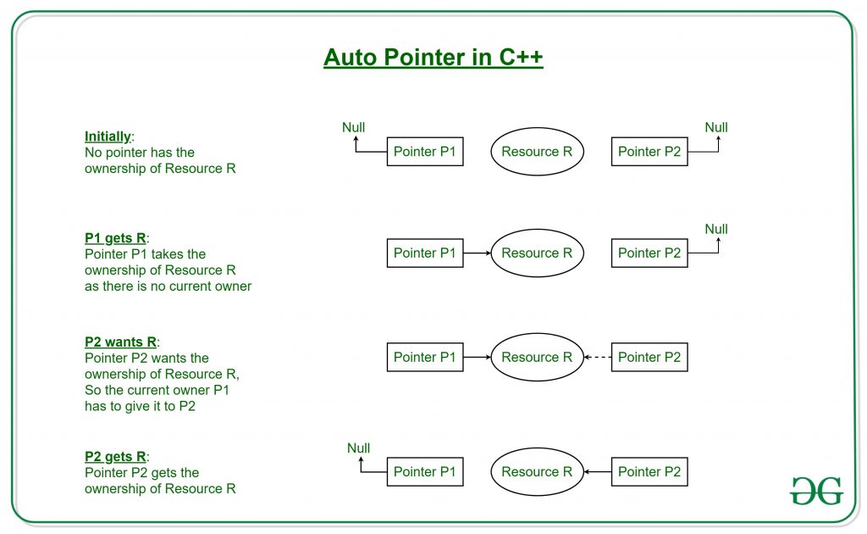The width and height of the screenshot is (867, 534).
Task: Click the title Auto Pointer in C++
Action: coord(433,58)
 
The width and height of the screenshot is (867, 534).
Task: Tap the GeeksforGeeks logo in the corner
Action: coord(816,491)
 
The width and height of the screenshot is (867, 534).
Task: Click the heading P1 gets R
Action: coord(114,238)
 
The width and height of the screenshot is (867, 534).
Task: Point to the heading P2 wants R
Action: coord(120,342)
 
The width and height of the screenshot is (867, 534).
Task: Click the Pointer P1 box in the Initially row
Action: coord(425,152)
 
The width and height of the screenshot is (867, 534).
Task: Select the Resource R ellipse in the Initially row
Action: coord(537,152)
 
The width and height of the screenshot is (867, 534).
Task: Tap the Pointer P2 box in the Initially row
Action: coord(649,152)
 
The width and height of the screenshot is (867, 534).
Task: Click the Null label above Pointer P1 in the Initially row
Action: coord(353,128)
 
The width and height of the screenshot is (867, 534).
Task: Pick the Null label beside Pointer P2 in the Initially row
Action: coord(716,128)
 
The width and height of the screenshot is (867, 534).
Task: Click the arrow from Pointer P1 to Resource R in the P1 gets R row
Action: coord(477,253)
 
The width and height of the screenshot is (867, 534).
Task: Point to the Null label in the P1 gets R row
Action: coord(716,229)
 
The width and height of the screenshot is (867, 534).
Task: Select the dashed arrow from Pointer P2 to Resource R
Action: coord(598,357)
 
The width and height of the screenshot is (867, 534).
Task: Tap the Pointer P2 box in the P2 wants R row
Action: coord(649,357)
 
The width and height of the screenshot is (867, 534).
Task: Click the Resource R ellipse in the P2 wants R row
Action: coord(537,357)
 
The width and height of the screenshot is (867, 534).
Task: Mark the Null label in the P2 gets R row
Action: coord(359,448)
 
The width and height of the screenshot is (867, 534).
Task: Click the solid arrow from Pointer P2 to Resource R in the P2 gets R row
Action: coord(598,471)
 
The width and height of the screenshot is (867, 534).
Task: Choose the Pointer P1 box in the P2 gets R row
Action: coord(425,471)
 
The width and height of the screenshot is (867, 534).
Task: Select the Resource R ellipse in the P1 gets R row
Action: coord(537,253)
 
